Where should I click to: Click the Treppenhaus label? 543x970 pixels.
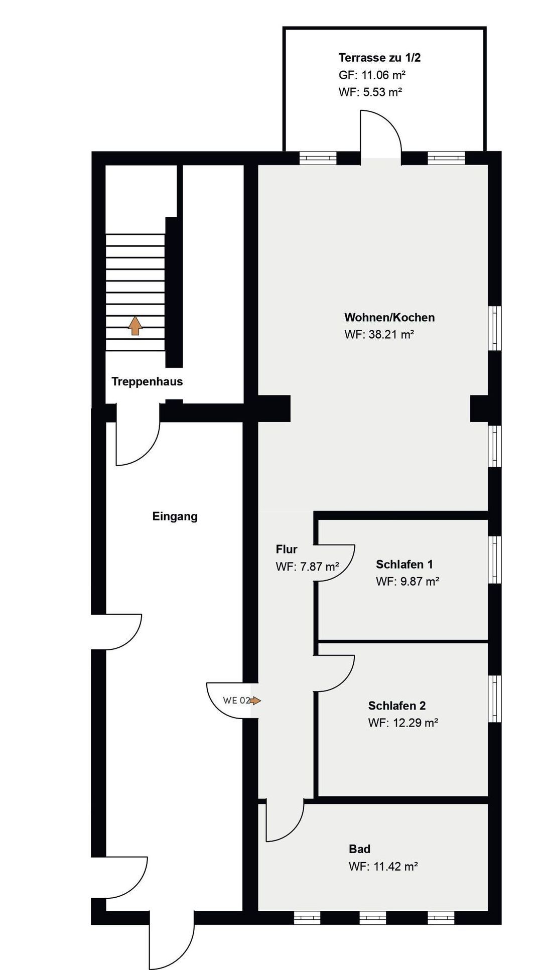pyautogui.click(x=147, y=381)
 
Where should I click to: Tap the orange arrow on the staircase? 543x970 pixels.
pyautogui.click(x=135, y=325)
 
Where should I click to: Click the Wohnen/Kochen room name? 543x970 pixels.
pyautogui.click(x=389, y=318)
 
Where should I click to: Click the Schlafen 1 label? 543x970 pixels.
pyautogui.click(x=404, y=564)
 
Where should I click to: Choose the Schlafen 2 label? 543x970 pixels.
pyautogui.click(x=397, y=706)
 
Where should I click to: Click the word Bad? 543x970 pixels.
pyautogui.click(x=360, y=849)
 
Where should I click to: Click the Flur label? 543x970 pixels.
pyautogui.click(x=287, y=549)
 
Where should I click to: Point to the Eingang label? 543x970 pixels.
pyautogui.click(x=175, y=516)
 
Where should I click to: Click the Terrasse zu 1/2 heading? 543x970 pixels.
pyautogui.click(x=380, y=58)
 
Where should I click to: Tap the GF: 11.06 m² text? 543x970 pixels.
pyautogui.click(x=372, y=75)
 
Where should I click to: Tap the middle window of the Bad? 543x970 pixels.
pyautogui.click(x=373, y=918)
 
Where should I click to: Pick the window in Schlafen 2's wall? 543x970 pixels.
pyautogui.click(x=495, y=699)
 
